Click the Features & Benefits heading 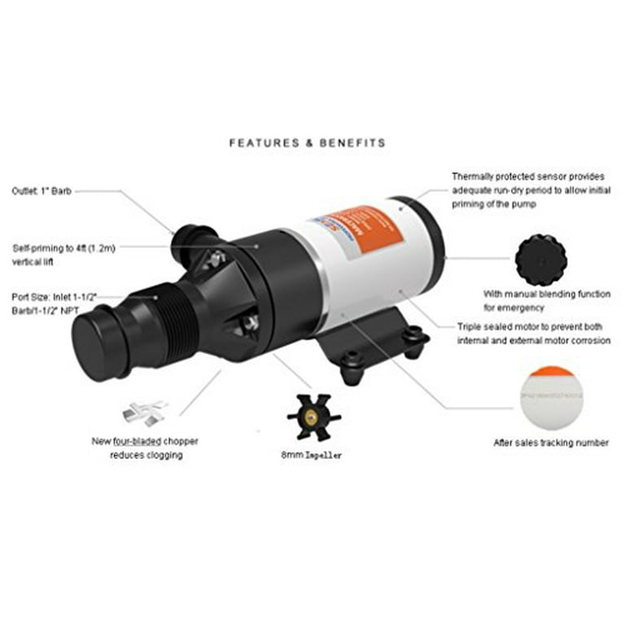(307, 142)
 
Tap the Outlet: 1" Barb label (42, 192)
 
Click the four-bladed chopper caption (144, 448)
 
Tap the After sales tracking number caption (551, 443)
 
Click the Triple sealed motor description (533, 334)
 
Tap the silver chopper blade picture (146, 412)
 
